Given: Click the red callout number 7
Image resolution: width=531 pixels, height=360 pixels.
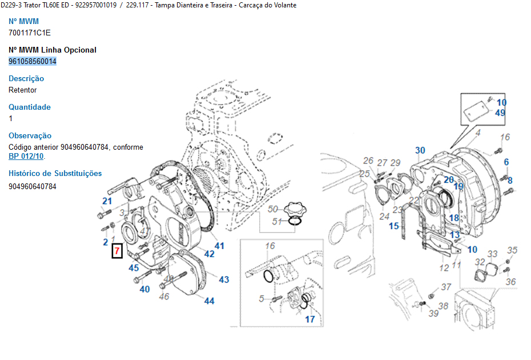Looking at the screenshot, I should [116, 250].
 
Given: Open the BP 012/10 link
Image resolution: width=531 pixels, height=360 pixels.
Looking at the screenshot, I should [26, 156].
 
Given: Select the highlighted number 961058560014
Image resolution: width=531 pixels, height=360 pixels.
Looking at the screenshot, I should [33, 61].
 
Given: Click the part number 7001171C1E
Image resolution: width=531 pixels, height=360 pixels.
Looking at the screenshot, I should [30, 33].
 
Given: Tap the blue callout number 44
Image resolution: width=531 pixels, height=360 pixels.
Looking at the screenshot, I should [210, 301].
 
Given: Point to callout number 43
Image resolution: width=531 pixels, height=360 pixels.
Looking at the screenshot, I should [224, 279].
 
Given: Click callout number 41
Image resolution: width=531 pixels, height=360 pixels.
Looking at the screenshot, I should [219, 246].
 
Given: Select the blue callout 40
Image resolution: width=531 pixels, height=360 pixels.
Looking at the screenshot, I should [145, 289].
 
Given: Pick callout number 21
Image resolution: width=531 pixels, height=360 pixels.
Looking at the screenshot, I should [107, 201].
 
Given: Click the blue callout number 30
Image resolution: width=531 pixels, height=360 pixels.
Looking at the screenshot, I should [420, 151].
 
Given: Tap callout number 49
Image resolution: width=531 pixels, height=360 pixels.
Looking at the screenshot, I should [500, 113].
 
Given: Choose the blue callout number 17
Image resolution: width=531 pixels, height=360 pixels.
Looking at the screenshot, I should [309, 319].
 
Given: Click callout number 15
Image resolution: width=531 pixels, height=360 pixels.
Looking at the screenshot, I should [394, 226].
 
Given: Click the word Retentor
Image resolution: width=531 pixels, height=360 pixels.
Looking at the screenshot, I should [23, 90].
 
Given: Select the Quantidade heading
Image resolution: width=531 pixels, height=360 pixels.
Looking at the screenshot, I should [30, 107].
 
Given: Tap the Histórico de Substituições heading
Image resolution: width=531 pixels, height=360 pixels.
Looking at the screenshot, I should [55, 173].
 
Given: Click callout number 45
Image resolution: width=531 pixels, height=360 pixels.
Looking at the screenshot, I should [134, 267].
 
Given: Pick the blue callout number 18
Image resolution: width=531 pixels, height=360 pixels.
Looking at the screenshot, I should [454, 218].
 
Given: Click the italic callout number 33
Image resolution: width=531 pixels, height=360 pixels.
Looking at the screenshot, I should [492, 254].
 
